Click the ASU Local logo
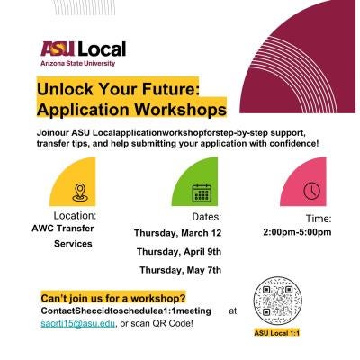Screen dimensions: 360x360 pos(82,49)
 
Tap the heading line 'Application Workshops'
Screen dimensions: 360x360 pos(130,109)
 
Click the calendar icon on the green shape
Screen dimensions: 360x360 pos(202,192)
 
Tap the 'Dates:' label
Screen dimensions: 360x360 pos(206,217)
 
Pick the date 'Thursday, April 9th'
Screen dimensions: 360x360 pos(180,252)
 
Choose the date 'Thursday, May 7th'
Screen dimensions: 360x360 pos(179,270)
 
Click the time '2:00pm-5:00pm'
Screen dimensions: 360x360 pos(297,232)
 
